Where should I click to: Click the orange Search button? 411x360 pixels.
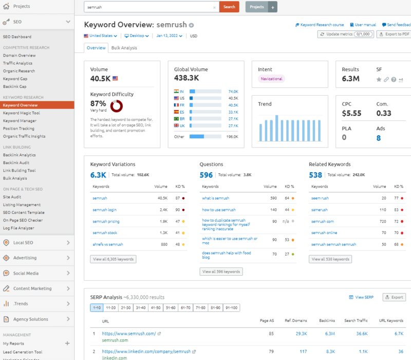click(x=229, y=7)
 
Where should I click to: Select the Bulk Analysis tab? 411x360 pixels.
click(x=124, y=48)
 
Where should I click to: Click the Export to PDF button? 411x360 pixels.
click(x=394, y=34)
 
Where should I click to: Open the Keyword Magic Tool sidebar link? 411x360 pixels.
click(x=21, y=113)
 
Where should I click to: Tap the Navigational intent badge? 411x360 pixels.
click(x=271, y=79)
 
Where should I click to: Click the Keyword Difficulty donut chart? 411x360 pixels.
click(x=117, y=106)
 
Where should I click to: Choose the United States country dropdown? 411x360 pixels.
click(x=101, y=36)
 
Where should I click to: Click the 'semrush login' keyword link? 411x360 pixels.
click(x=104, y=210)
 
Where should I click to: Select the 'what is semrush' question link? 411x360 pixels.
click(x=215, y=198)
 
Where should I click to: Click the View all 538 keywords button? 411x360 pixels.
click(x=331, y=259)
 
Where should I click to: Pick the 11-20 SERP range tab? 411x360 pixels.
click(x=110, y=308)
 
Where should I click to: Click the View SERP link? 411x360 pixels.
click(x=361, y=297)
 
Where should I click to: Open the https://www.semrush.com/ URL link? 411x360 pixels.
click(x=128, y=334)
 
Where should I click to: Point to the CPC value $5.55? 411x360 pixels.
click(x=352, y=113)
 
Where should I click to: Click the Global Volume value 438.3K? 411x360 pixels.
click(x=187, y=78)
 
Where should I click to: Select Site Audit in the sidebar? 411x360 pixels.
click(x=12, y=197)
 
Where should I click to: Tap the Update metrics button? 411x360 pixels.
click(x=345, y=34)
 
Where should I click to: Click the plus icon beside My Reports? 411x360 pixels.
click(x=67, y=343)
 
